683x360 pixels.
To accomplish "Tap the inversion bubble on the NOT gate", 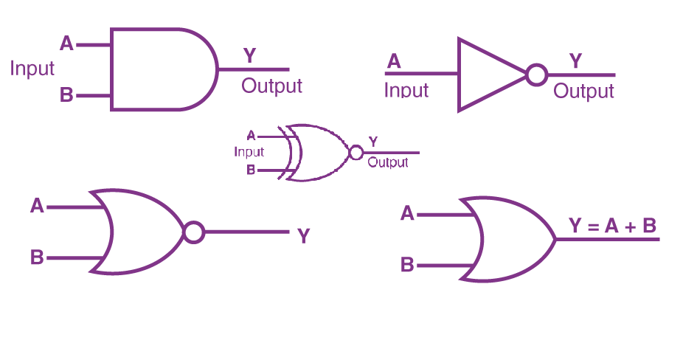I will [x=536, y=75].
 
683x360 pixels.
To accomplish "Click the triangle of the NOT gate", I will [x=487, y=75].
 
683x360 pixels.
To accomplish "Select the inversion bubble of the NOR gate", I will [x=193, y=232].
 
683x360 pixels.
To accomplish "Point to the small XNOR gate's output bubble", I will [x=356, y=153].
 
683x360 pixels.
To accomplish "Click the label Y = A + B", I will [x=612, y=226].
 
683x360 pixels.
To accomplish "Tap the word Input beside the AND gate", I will [x=32, y=69].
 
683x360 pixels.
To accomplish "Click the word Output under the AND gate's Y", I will [x=271, y=86].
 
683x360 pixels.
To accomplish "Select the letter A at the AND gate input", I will [x=66, y=44].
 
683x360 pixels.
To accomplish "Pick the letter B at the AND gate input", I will [x=66, y=96].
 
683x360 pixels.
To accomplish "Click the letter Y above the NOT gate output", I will [x=575, y=61].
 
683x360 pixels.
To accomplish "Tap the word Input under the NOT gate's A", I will [x=406, y=90].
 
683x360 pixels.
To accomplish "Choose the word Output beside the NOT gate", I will [x=583, y=91].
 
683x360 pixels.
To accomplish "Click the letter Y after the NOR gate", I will [x=303, y=236].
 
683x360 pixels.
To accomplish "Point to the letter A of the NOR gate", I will [x=38, y=206].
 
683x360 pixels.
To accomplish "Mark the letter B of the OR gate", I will [x=407, y=264].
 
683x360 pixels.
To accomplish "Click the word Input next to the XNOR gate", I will [x=249, y=152].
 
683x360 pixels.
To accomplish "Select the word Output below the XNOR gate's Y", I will [x=387, y=162].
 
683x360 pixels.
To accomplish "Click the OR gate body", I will [x=513, y=239].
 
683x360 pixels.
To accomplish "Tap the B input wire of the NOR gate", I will [x=74, y=258].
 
